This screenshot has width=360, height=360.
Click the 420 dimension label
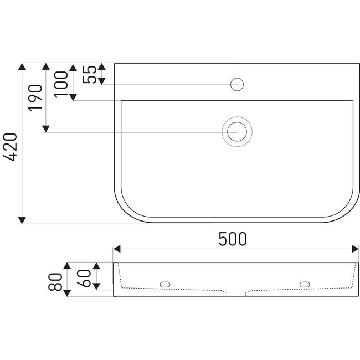point(10,147)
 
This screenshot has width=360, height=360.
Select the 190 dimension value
point(35,98)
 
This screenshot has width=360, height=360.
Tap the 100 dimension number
point(61,85)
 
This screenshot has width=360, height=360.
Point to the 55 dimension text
point(90,74)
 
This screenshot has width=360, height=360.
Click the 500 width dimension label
point(233,239)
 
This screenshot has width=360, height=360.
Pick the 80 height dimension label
point(55,282)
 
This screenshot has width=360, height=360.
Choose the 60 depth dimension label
point(84,279)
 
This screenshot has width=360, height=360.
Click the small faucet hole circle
point(237,84)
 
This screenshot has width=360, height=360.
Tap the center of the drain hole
point(237,132)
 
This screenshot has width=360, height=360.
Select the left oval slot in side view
point(165,285)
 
